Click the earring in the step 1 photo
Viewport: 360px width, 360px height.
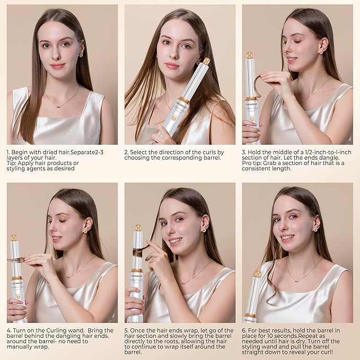click(81, 55)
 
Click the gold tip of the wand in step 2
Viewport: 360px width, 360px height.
click(206, 61)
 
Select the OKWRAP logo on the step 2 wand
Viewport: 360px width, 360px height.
click(182, 104)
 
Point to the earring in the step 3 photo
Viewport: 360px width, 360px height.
click(321, 52)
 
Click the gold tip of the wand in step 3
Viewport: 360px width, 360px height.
click(250, 55)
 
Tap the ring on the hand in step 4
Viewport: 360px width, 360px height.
click(41, 257)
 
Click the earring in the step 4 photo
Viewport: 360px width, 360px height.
click(85, 231)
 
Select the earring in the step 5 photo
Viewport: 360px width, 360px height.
click(204, 230)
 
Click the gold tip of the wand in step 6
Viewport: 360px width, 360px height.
click(258, 274)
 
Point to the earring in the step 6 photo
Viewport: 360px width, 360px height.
click(316, 229)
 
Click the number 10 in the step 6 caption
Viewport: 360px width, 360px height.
click(271, 336)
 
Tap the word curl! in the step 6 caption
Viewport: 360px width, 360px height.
click(326, 352)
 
